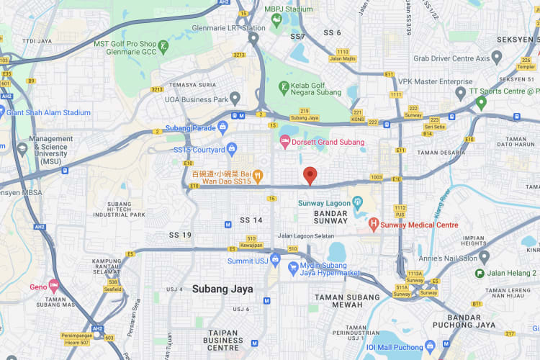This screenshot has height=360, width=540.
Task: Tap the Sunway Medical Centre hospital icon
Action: pos(374,225)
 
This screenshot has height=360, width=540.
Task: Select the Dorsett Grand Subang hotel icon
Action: pos(284,143)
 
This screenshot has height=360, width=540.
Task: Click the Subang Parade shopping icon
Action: pos(222,128)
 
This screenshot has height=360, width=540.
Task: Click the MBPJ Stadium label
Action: pos(288,9)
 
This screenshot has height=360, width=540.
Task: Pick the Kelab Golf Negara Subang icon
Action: pos(284,89)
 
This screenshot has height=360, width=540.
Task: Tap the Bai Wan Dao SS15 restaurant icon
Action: pos(258,176)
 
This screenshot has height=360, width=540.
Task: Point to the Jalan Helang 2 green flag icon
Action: pos(480,273)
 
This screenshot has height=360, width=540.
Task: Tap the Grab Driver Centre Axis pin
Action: pos(497,58)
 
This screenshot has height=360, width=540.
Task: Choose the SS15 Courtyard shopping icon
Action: pos(232,150)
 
